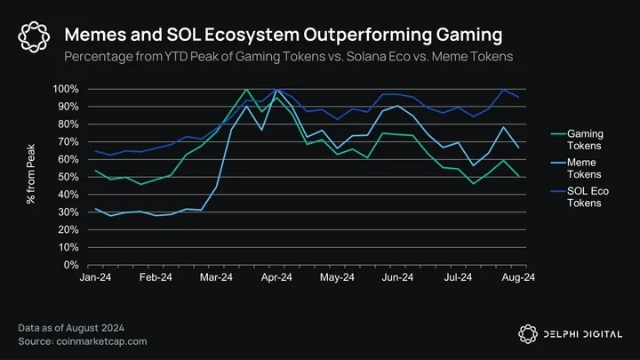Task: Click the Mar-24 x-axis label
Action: [x=230, y=278]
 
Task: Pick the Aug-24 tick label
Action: [x=518, y=278]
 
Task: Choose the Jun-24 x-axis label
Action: [x=396, y=278]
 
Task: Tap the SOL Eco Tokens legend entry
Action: [x=584, y=196]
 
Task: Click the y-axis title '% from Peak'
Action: [x=31, y=178]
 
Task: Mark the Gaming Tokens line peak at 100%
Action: [x=245, y=89]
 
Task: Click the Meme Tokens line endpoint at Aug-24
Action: [x=518, y=148]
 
